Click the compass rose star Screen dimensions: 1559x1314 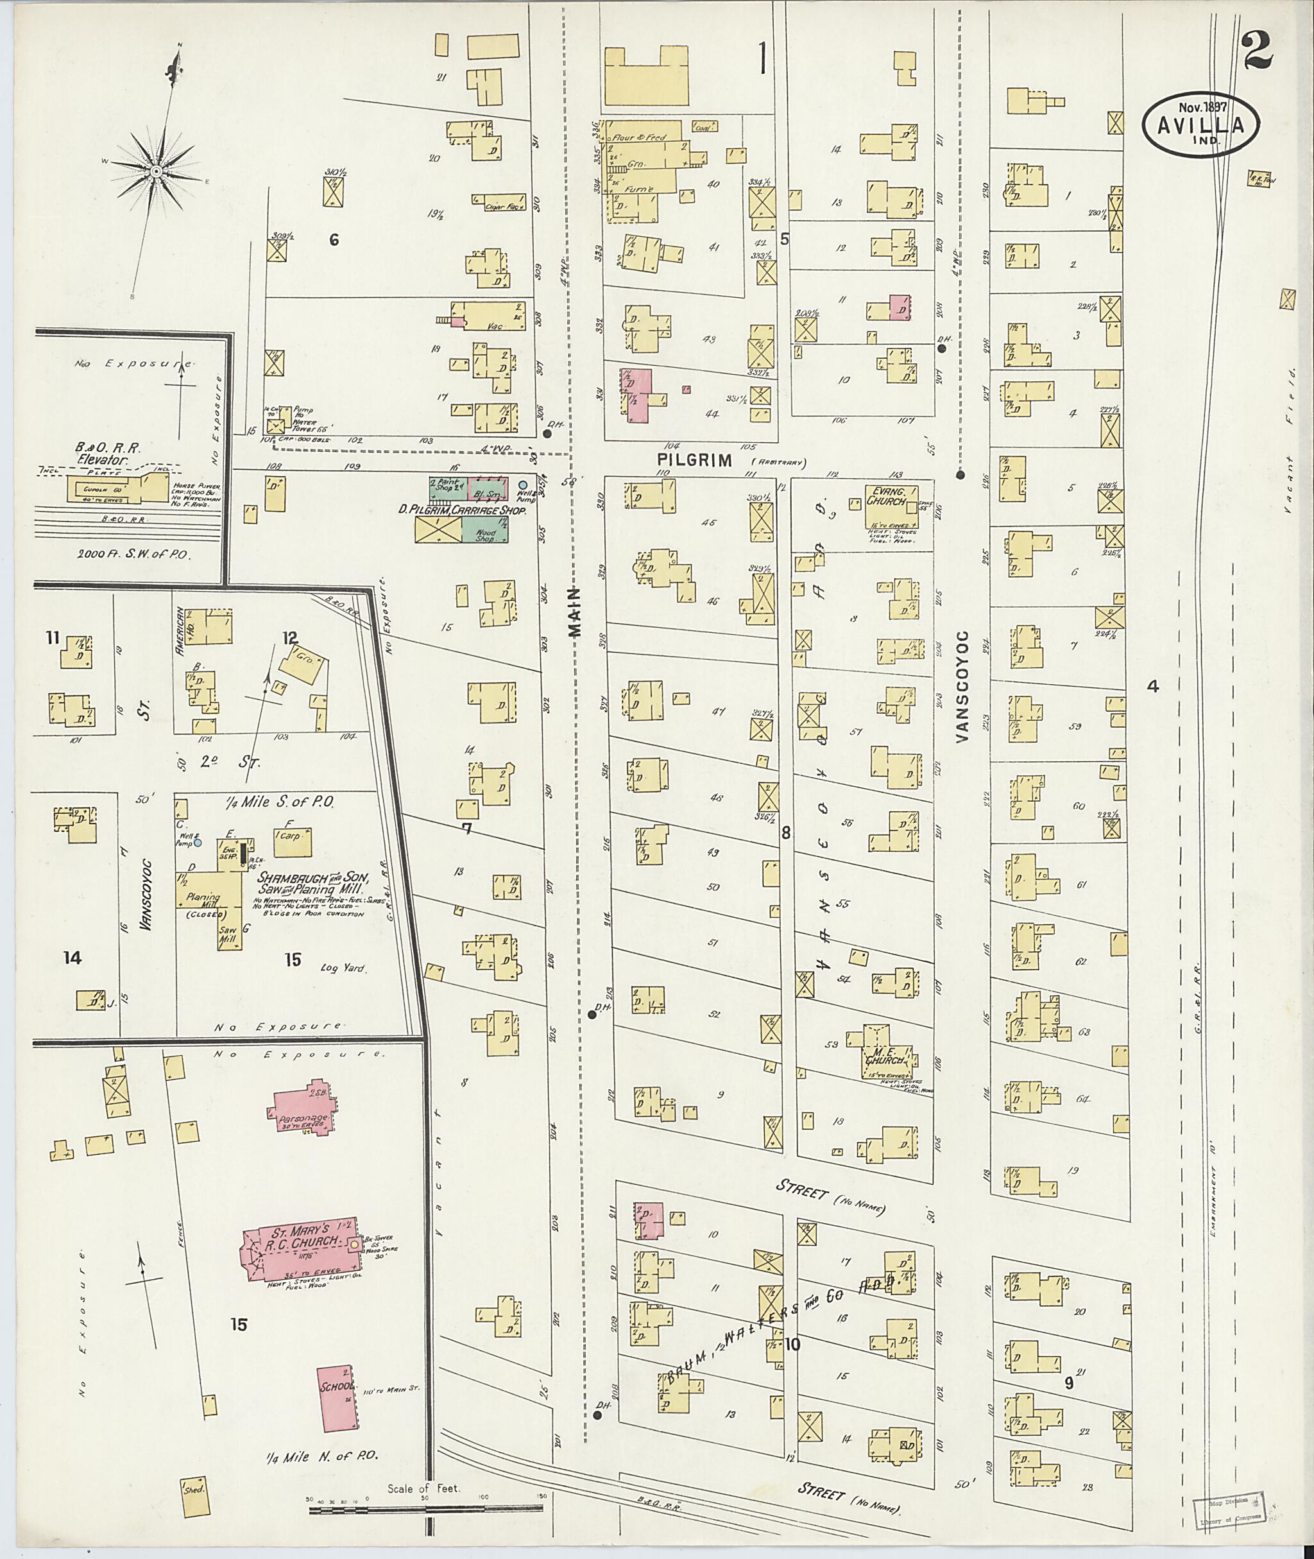click(157, 172)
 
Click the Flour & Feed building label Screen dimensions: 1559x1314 click(638, 138)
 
